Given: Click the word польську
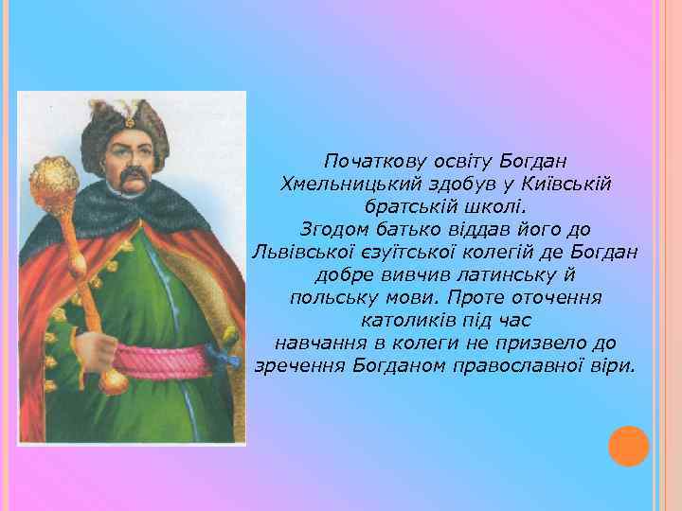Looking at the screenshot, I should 328,297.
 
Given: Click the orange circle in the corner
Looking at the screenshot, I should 629,445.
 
